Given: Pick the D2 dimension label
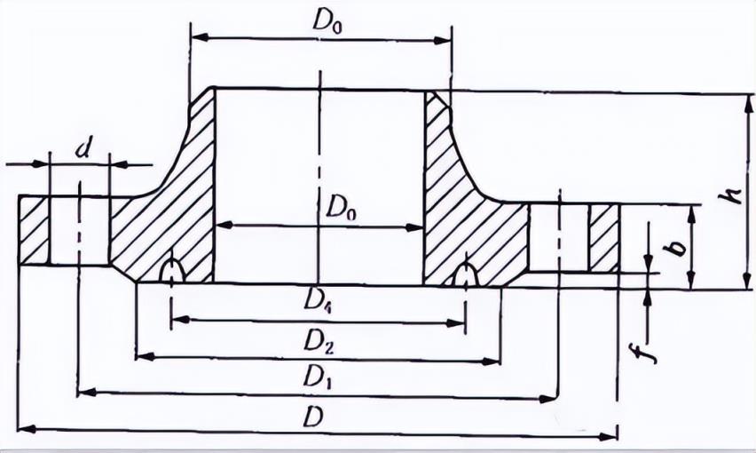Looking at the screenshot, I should click(x=318, y=339).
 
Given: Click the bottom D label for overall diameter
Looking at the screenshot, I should click(x=312, y=416).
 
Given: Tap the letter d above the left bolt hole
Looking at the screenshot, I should click(x=83, y=148).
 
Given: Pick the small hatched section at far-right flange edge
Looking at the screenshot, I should click(x=604, y=238).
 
